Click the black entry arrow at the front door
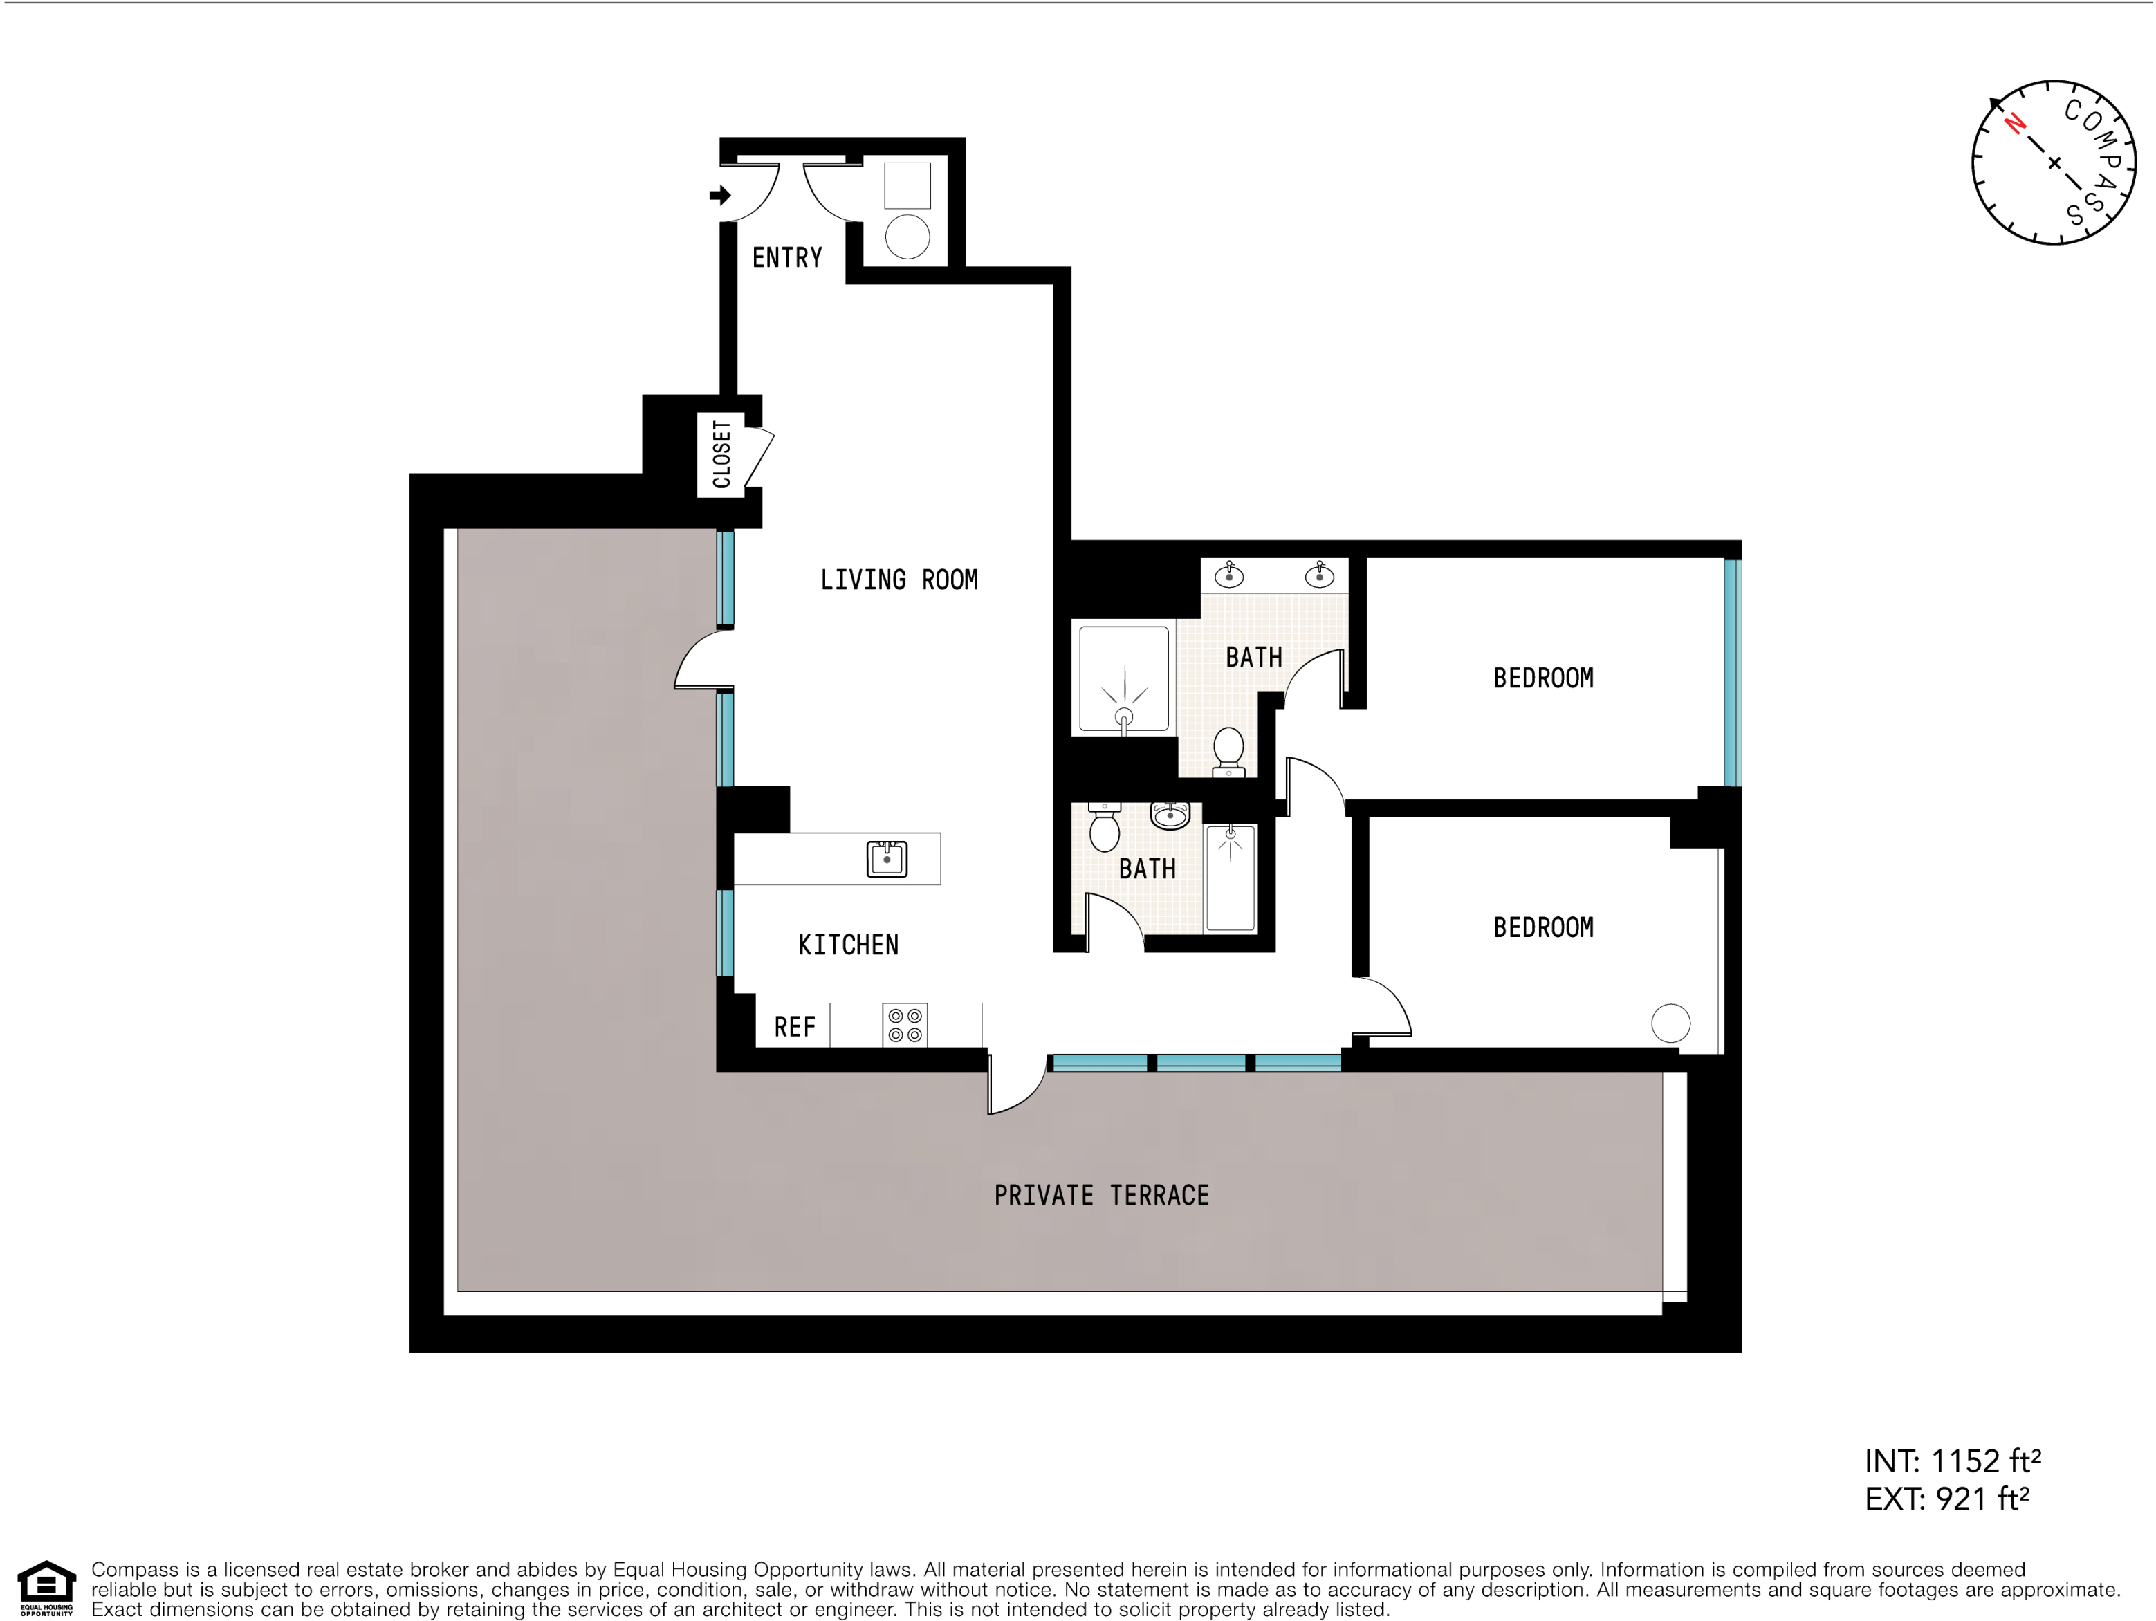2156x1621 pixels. [720, 195]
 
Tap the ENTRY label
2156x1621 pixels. [786, 257]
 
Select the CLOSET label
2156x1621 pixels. [721, 454]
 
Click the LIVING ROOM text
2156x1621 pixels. [899, 580]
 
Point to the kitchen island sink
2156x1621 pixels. [887, 859]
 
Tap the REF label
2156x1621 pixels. [794, 1026]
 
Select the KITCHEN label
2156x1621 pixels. [848, 945]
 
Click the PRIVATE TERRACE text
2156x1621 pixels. [1101, 1195]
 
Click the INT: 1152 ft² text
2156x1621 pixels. [1952, 1460]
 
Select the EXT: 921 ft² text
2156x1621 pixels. [1946, 1498]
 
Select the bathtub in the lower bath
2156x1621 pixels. [1230, 878]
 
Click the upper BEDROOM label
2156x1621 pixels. [1543, 678]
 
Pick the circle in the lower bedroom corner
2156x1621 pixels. [1670, 1023]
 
